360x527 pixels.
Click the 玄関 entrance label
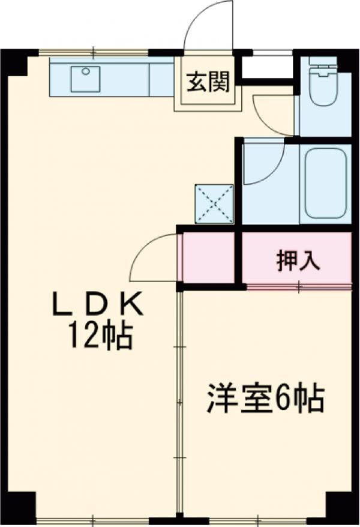click(x=208, y=83)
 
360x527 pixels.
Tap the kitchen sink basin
click(x=85, y=79)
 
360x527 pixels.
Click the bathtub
click(x=325, y=182)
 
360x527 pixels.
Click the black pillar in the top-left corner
click(x=14, y=62)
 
